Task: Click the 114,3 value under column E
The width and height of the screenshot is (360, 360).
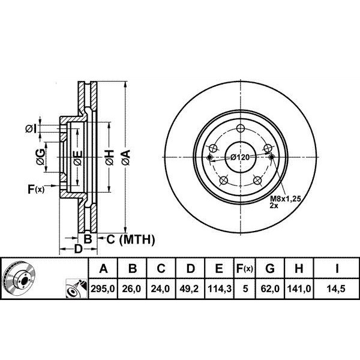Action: tap(219, 288)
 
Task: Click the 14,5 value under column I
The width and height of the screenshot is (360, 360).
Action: tap(338, 288)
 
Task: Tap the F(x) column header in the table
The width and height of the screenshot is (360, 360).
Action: tap(245, 268)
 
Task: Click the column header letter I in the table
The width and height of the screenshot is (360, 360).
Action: tap(338, 268)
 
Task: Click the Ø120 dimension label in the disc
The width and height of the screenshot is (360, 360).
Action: tap(239, 157)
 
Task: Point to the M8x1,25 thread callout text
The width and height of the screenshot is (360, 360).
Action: tap(284, 198)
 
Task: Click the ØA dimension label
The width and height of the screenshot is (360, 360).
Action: tap(125, 158)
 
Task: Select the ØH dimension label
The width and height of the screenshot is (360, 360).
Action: tap(109, 158)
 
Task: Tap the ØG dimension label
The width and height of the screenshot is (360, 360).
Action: tap(40, 157)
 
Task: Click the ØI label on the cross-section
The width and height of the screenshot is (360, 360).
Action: tap(32, 128)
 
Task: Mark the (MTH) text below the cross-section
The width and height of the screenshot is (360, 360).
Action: tap(137, 240)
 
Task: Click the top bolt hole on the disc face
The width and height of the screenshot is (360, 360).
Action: tap(241, 128)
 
